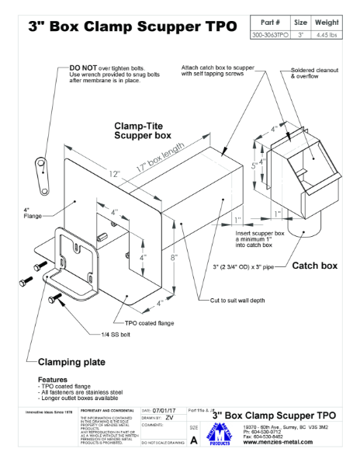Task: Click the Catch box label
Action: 314,266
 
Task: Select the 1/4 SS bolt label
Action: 117,335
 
